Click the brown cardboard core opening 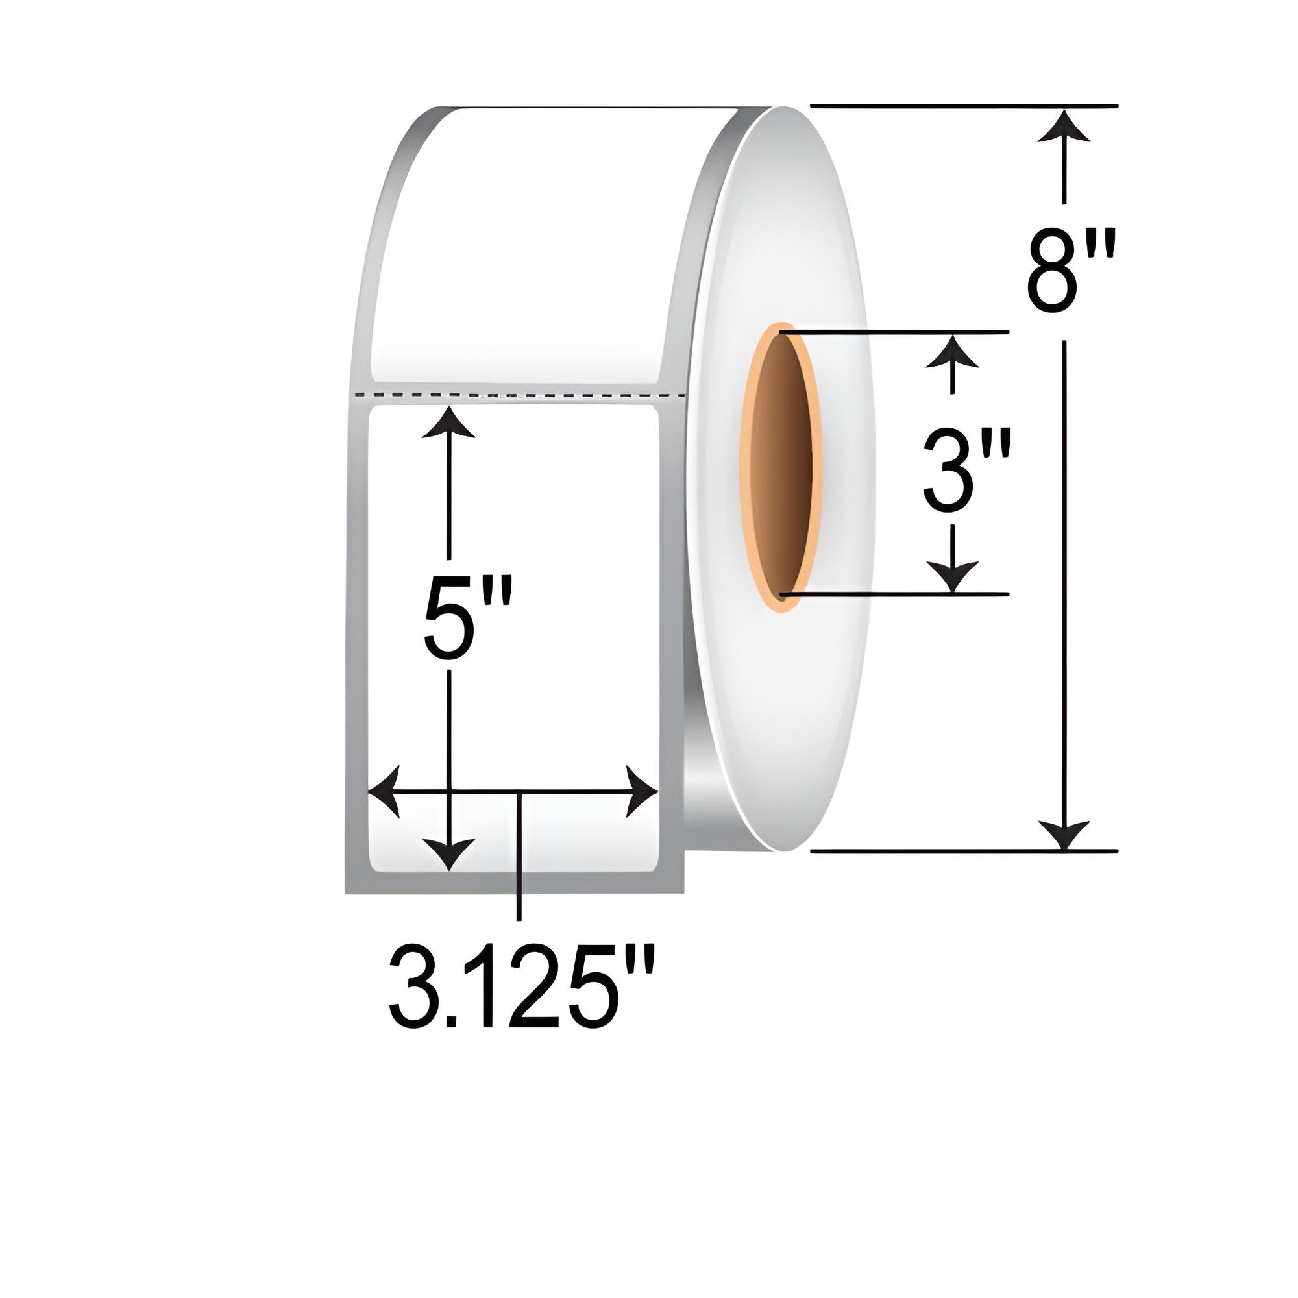[781, 463]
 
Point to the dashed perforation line [517, 395]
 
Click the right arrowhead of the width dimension [642, 791]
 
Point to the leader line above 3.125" [519, 866]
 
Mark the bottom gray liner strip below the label [514, 883]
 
